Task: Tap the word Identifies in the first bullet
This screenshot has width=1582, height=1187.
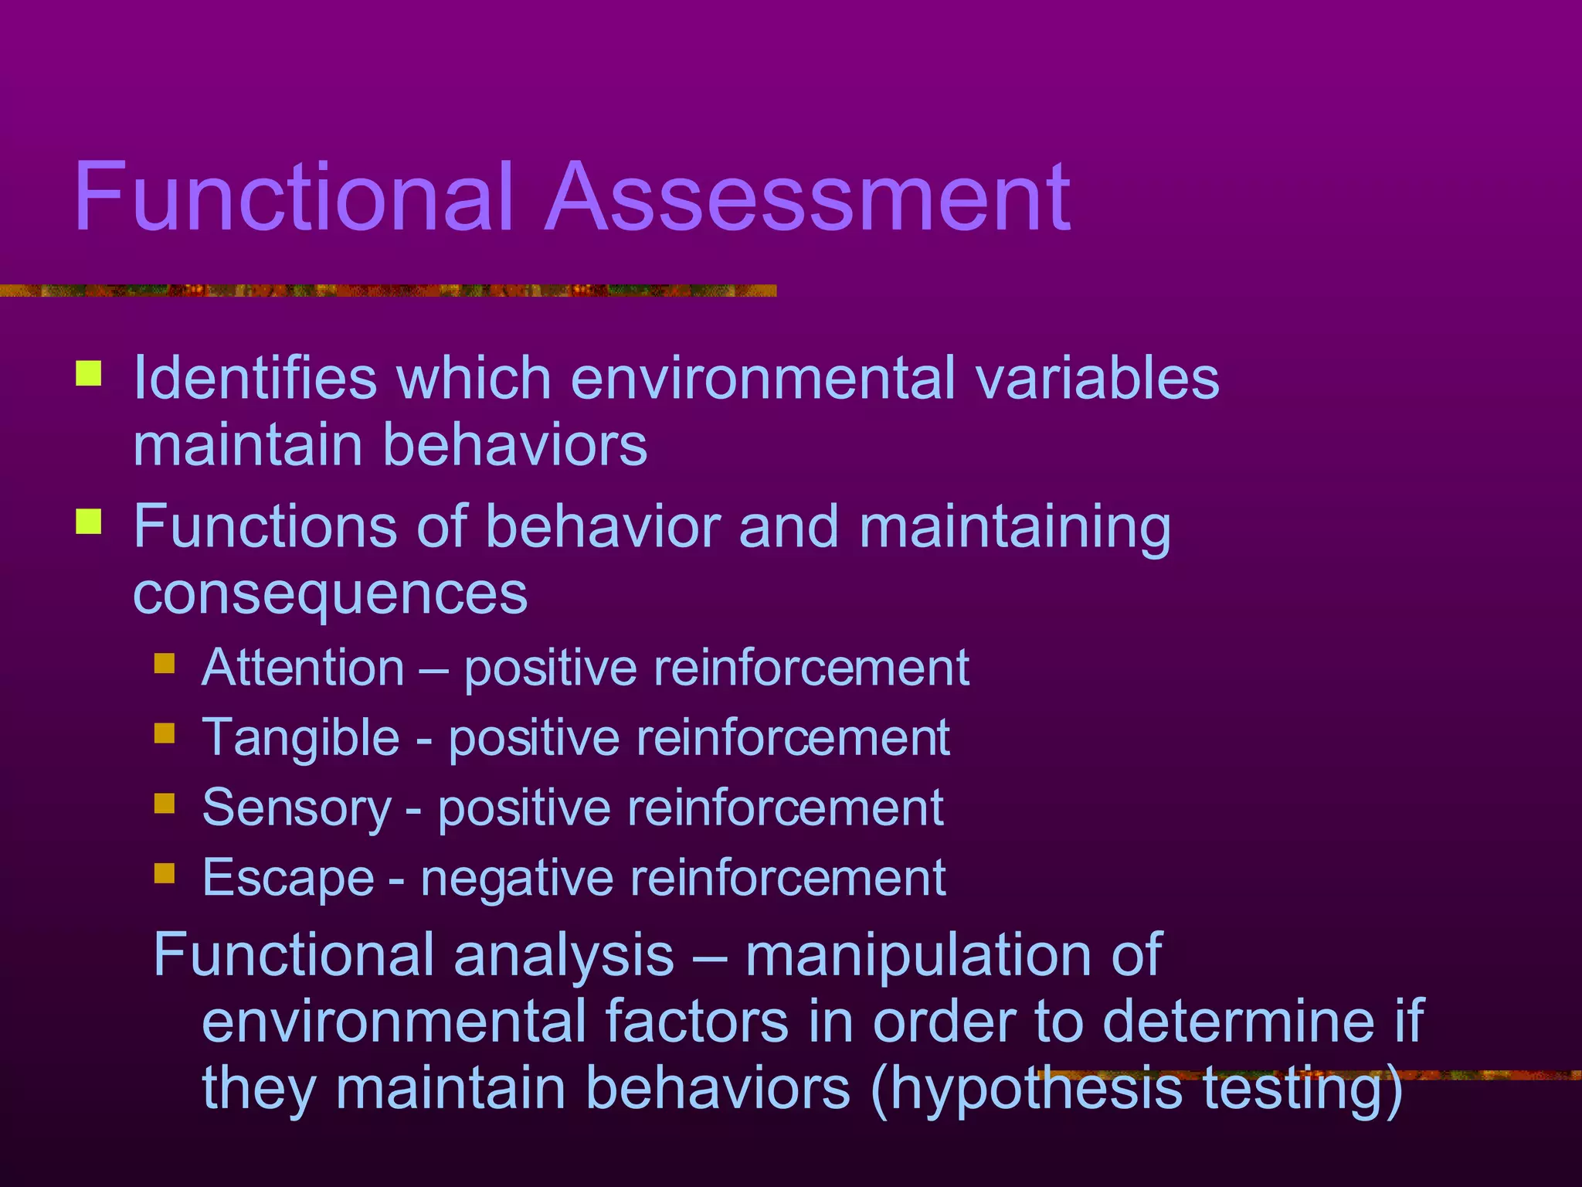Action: point(256,379)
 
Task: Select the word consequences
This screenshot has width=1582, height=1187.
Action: point(331,595)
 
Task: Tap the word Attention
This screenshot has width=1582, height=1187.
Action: point(303,668)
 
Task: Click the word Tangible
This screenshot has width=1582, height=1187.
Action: point(300,738)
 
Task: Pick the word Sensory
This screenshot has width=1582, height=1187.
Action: point(297,808)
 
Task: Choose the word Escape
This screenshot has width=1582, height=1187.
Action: point(288,879)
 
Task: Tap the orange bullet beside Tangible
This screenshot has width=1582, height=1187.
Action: point(165,733)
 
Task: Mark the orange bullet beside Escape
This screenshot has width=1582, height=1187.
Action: point(165,873)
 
